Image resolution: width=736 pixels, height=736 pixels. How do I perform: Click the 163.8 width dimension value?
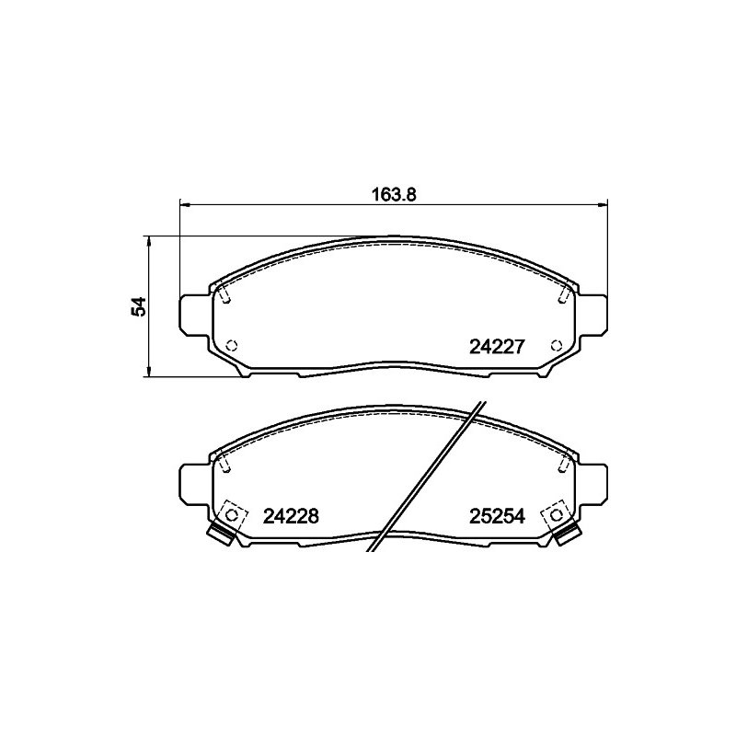[394, 194]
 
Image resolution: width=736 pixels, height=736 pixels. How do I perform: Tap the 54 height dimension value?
[140, 306]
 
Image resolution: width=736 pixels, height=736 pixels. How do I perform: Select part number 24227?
[497, 347]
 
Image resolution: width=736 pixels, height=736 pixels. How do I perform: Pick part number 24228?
[291, 516]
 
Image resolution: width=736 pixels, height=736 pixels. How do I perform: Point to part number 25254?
[497, 516]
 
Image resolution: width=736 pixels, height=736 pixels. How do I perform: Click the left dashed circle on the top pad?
[231, 346]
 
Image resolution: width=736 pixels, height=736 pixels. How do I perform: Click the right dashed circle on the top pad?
[557, 346]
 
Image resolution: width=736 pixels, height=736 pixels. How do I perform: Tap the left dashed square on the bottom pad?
[231, 515]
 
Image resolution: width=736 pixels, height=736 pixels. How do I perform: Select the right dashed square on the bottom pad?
[557, 515]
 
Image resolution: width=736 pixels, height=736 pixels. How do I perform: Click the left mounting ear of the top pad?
[194, 315]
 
